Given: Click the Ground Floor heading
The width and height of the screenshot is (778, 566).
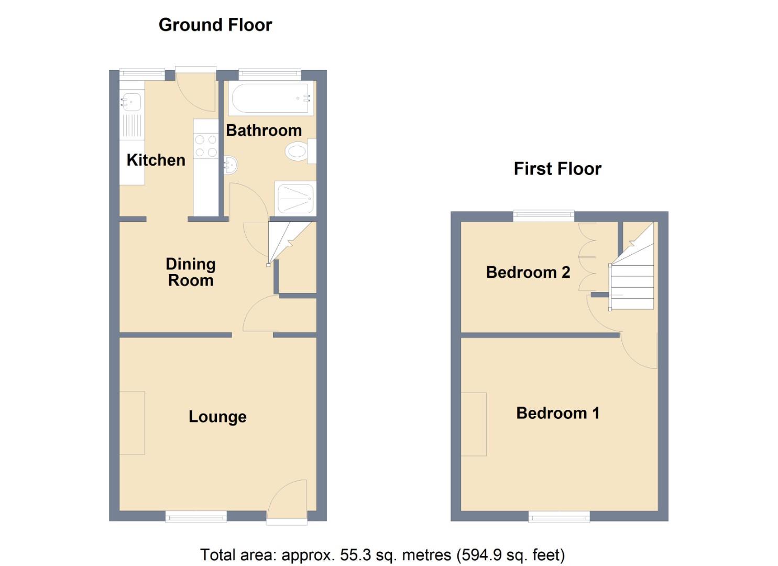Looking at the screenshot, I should pos(215,25).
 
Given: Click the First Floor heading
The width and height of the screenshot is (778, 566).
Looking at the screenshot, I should pos(557,169).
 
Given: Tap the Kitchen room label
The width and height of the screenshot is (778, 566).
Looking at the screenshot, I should pos(156,160).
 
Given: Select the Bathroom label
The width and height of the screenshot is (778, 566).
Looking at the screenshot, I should pos(264,130).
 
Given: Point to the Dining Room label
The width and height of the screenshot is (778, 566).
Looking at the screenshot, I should pos(190,272).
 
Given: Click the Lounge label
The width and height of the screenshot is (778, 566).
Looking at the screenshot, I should pos(217,417).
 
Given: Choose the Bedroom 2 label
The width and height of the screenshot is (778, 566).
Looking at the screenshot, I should pos(528,272).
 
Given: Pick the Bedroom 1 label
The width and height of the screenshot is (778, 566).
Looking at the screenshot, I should pos(557,413).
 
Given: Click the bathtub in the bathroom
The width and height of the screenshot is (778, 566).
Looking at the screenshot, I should pos(271,99).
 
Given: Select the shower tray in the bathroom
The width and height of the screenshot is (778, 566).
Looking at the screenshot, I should pos(295,198).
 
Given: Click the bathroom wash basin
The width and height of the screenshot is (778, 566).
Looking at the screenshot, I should pos(231,166).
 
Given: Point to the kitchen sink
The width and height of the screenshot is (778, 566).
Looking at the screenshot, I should pos(132,101).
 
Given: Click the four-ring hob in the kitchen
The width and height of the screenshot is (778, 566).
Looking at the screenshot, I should pos(206,146).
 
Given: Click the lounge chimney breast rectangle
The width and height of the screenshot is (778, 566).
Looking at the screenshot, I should pos(132,422).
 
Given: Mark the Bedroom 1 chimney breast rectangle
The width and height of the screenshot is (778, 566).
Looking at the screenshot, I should pos(474,424).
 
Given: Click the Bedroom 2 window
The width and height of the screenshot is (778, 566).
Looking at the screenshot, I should pos(543,215).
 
